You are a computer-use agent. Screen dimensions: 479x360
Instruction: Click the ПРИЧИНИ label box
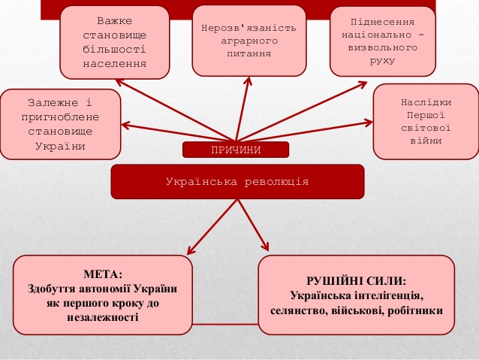236,150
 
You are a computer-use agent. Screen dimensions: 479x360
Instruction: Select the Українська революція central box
237,182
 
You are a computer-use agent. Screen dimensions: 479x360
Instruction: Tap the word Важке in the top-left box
115,21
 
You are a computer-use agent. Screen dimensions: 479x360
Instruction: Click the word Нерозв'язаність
249,28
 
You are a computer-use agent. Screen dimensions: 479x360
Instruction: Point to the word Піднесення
382,22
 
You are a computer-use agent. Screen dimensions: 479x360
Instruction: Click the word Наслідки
426,102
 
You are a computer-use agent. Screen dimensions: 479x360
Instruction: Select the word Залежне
53,102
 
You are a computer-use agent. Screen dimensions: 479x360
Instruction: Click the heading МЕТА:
103,274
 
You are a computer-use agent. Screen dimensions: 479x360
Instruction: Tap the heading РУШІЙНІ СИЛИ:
356,281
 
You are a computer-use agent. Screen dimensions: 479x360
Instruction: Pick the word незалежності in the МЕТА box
103,317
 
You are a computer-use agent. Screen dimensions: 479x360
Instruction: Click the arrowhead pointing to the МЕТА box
190,251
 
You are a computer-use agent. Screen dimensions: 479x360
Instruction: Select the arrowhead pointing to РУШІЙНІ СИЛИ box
266,247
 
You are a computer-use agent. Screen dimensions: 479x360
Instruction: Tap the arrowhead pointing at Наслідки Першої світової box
369,123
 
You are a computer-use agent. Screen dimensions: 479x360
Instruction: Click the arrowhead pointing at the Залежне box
125,125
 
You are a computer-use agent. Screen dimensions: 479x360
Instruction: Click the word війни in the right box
426,141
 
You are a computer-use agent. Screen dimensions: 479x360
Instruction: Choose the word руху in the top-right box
382,61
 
